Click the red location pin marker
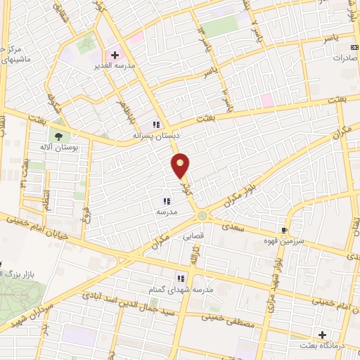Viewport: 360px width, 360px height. pos(181,165)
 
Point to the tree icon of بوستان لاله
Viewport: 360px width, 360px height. pos(58,138)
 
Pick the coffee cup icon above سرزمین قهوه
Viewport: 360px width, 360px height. pos(284,230)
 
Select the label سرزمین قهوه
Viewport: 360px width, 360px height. pos(285,240)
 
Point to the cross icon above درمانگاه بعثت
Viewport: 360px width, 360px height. pos(323,335)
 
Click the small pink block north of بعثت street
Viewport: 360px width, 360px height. pos(266,101)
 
